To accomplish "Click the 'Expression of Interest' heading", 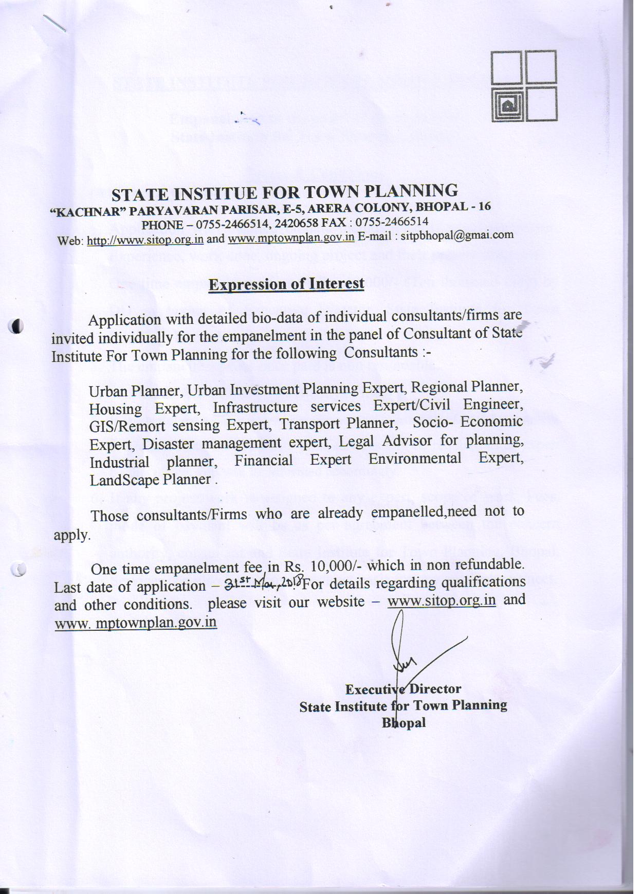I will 286,284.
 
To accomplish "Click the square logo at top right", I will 523,86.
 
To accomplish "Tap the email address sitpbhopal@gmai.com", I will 457,235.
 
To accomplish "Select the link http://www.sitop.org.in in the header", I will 145,240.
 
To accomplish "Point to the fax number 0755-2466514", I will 392,222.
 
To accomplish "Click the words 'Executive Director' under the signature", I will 403,689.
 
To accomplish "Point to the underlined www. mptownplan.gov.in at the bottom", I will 135,623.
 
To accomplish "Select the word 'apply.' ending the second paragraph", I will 72,535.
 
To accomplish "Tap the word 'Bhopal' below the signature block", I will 404,723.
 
